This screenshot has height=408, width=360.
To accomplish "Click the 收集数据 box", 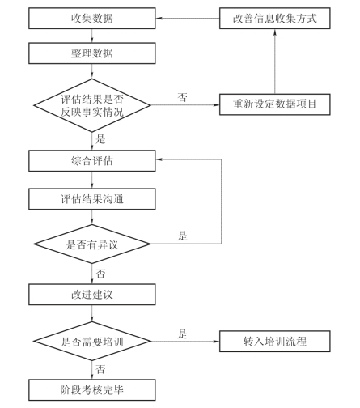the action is point(92,19).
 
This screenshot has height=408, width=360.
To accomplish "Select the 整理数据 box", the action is point(92,53).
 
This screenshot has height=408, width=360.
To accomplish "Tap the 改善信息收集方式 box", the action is point(275,19).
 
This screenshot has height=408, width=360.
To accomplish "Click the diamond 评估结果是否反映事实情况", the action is point(92,105).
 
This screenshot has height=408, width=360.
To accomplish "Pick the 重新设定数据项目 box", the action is point(275,104).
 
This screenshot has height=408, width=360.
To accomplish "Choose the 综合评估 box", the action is point(92,161).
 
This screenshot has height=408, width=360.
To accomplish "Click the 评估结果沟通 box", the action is point(92,199).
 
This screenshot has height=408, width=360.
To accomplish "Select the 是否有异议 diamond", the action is point(92,244).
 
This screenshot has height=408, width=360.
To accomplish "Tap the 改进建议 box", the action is point(92,295).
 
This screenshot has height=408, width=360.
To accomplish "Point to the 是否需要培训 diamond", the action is point(92,342).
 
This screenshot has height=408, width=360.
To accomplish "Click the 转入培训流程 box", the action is point(275,342).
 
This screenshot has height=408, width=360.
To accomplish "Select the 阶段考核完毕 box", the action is point(92,390).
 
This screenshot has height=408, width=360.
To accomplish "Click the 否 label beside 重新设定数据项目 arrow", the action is point(182,97).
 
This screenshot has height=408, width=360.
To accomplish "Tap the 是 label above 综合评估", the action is point(100,139).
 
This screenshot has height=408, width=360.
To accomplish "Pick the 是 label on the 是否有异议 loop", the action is point(182,236).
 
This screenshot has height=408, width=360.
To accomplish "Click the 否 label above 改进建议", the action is point(100,274).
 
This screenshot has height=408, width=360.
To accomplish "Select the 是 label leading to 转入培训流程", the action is point(182,334).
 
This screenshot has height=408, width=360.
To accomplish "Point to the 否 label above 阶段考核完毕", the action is point(100,369).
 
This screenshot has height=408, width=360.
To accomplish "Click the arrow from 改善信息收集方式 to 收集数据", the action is point(188,19).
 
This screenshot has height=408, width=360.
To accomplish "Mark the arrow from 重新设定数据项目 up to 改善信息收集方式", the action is point(275,62).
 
